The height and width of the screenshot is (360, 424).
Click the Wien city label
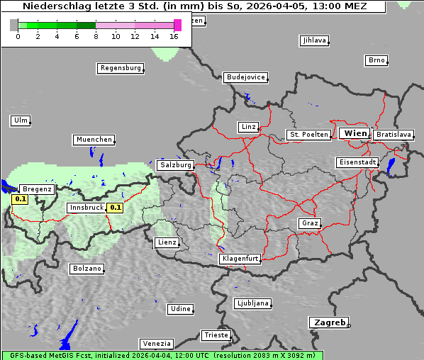click(355, 133)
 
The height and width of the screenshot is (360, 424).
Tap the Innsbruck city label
click(86, 208)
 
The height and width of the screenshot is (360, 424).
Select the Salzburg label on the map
click(176, 165)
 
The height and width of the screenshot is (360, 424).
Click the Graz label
click(310, 223)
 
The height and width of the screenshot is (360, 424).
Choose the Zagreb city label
click(328, 322)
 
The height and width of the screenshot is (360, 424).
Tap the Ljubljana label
click(252, 303)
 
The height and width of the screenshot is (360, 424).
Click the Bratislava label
click(394, 134)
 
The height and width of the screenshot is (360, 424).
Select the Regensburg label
click(120, 68)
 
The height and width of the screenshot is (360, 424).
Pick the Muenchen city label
click(94, 140)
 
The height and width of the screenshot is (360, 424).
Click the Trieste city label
click(216, 334)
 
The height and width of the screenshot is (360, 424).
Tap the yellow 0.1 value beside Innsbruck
click(116, 208)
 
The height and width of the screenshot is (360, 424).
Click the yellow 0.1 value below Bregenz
click(21, 199)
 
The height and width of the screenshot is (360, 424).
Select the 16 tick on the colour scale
click(174, 35)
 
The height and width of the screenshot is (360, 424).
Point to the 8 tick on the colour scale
click(95, 35)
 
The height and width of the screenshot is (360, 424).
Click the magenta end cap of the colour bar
click(177, 25)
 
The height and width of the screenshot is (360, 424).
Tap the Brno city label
click(376, 60)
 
